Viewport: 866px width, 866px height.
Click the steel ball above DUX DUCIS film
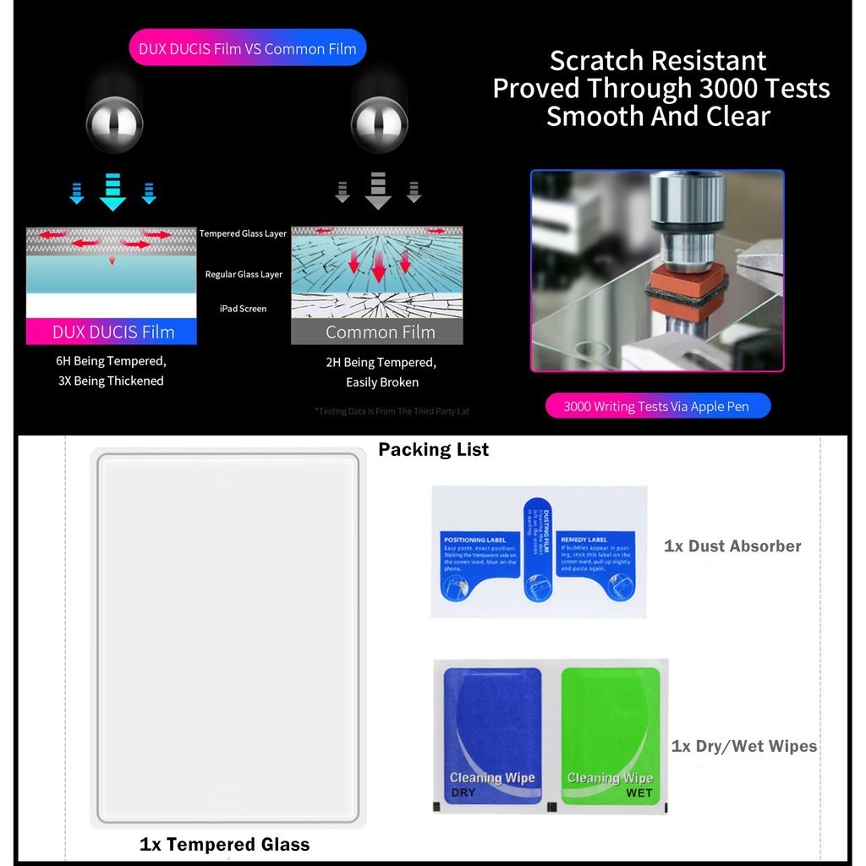tap(114, 124)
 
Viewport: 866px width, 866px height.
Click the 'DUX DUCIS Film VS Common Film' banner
tap(247, 48)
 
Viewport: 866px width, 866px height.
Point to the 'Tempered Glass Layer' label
tap(243, 233)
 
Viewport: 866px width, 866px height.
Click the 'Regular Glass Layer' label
tap(244, 274)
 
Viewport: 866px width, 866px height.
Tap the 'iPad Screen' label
tap(243, 309)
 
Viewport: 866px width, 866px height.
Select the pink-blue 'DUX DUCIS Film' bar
tap(112, 332)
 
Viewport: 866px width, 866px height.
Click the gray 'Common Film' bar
tap(377, 332)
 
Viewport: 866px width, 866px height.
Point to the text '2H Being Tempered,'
tap(381, 363)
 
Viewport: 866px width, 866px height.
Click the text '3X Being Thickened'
tap(111, 381)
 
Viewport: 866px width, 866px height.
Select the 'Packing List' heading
tap(433, 450)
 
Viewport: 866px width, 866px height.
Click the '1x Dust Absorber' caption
tap(732, 546)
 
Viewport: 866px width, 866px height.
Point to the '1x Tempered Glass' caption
tap(224, 844)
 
